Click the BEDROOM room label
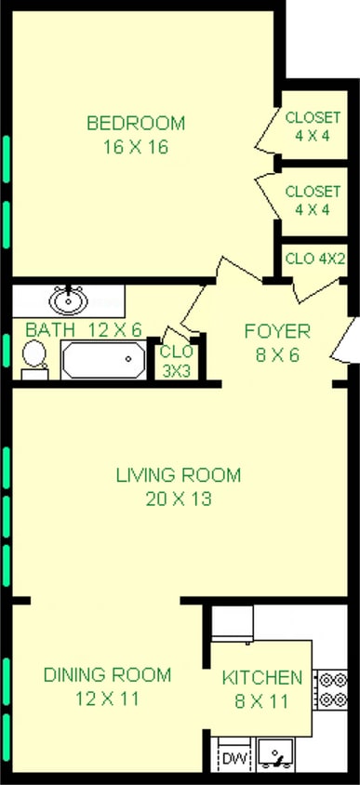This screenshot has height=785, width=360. click(136, 123)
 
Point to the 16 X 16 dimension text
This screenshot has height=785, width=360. click(136, 147)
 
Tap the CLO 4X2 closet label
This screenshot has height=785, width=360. click(315, 258)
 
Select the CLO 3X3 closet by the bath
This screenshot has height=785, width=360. click(176, 360)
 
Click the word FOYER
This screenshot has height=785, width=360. click(277, 331)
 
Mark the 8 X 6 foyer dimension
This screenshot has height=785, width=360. click(277, 354)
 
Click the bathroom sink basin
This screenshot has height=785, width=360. click(68, 300)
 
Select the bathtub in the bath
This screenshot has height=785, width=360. click(103, 359)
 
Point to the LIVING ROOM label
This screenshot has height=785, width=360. click(179, 475)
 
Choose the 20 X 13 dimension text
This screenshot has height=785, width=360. click(179, 499)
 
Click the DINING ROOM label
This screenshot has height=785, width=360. click(107, 675)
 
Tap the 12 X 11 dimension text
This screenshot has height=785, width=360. click(107, 699)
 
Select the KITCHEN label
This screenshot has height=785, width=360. click(261, 678)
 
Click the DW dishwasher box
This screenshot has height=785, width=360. click(232, 759)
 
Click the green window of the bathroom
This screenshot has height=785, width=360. click(7, 353)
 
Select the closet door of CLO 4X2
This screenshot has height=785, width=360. click(307, 290)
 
